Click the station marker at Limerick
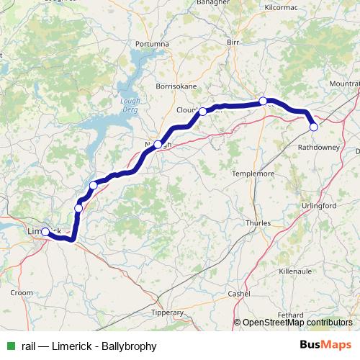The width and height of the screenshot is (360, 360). pos(45,232)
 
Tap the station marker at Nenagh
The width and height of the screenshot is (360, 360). pos(158,145)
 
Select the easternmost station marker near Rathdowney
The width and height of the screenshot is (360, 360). pos(313,127)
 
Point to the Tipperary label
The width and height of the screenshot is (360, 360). pos(168,312)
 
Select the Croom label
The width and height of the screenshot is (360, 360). pos(22,293)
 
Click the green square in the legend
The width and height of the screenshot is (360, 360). pos(10,346)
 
